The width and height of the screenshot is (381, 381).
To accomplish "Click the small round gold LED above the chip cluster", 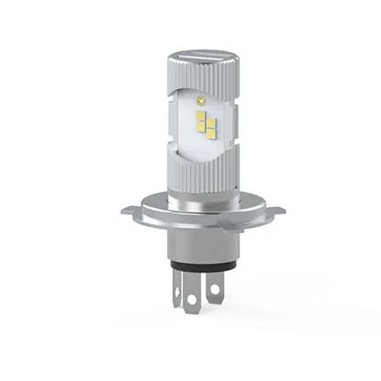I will (x=201, y=101).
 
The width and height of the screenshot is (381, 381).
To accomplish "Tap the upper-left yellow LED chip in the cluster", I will (x=200, y=116).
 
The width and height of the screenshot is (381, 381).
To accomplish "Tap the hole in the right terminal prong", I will (x=216, y=289).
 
